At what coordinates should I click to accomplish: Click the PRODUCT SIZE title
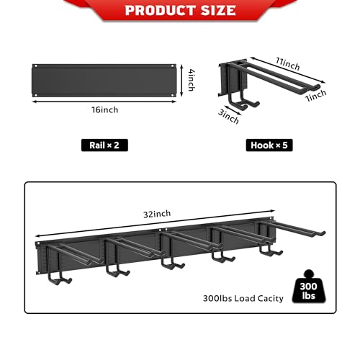pyautogui.click(x=180, y=10)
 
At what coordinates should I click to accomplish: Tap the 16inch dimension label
pyautogui.click(x=105, y=109)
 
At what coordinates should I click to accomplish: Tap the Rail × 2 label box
pyautogui.click(x=105, y=145)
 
